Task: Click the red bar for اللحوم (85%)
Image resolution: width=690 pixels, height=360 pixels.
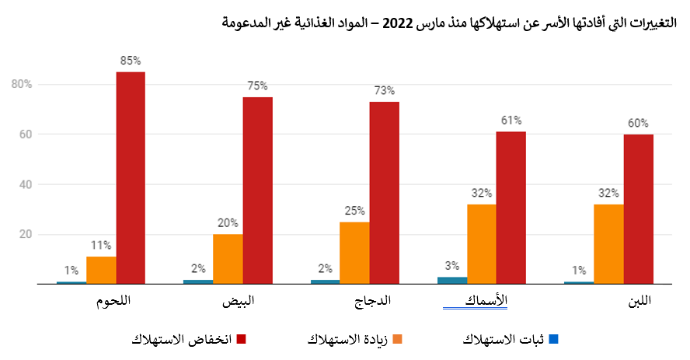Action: coord(131,177)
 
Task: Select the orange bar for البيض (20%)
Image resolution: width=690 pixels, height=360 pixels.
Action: coord(228,259)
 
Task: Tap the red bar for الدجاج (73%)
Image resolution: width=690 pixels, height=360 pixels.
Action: coord(384,193)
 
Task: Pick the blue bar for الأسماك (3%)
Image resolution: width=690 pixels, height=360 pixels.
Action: coord(452,281)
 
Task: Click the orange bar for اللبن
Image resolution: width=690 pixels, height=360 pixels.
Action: coord(608,244)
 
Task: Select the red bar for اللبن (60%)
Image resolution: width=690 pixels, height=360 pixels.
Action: coord(638,209)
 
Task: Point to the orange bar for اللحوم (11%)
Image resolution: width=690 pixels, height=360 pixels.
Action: coord(101,270)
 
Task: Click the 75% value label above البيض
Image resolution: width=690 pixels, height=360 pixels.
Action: coord(257,86)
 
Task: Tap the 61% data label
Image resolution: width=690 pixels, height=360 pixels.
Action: coord(511,121)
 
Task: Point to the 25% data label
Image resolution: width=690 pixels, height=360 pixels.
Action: coord(354,211)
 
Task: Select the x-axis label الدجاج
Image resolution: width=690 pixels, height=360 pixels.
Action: coord(373,300)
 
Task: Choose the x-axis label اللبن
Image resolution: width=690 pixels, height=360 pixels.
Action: coord(639,300)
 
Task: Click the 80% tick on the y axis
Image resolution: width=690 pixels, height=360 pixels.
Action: coord(21,84)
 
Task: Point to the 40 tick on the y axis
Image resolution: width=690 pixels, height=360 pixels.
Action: coord(24,184)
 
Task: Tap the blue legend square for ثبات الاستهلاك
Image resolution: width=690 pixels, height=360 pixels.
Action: coord(553,340)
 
